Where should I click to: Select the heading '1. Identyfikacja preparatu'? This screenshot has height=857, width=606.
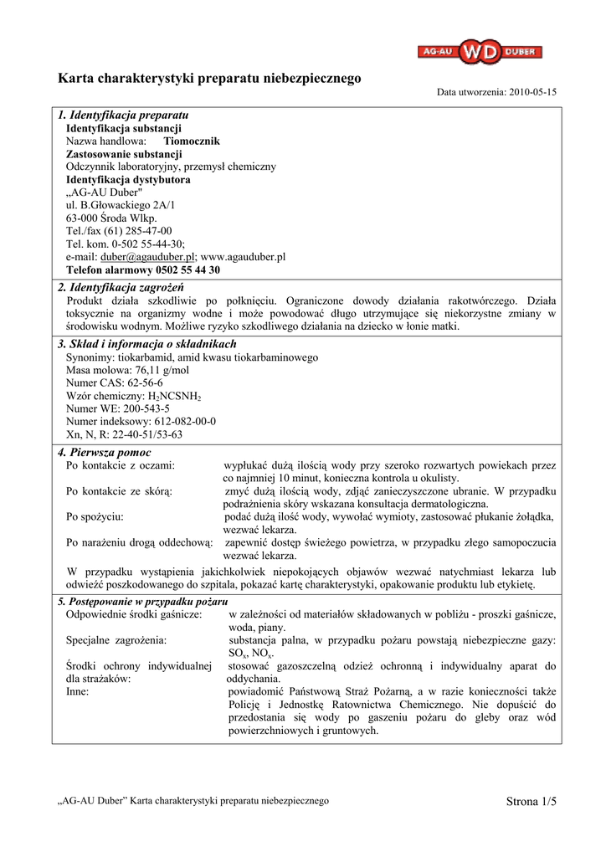tap(123, 115)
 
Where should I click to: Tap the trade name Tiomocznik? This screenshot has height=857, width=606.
tap(192, 141)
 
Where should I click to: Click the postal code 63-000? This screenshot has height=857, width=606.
tap(80, 218)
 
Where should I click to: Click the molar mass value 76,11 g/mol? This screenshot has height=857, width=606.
tap(158, 370)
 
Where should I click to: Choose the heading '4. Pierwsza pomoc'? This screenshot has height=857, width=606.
tap(105, 453)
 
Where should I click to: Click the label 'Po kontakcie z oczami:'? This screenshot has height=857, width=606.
tap(121, 465)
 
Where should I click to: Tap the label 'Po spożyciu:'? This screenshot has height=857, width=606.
tap(95, 516)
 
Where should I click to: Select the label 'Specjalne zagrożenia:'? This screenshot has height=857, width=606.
tap(116, 640)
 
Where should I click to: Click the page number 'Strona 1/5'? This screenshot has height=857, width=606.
tap(531, 802)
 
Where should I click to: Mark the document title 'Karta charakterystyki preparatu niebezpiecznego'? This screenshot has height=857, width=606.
tap(209, 78)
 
